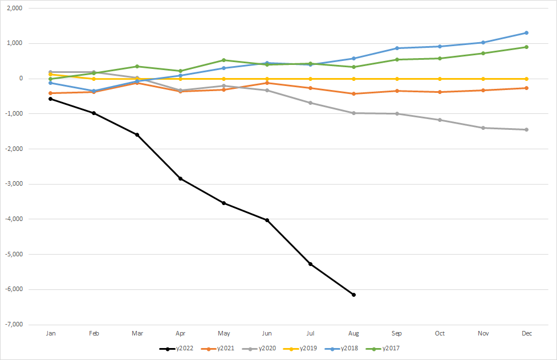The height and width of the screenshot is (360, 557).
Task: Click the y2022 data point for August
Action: tap(353, 294)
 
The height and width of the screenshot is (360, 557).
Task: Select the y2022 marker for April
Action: tap(180, 179)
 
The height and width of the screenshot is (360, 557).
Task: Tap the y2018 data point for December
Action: tap(526, 32)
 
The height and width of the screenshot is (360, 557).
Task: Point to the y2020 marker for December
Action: tap(526, 130)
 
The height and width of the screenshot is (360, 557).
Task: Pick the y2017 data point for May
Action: tap(223, 60)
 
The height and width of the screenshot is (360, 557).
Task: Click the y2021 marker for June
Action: tap(267, 83)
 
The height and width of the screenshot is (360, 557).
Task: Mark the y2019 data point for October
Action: tap(440, 79)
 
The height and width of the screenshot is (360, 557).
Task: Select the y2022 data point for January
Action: tap(51, 99)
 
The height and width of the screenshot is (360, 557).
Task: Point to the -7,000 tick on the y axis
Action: tap(28, 324)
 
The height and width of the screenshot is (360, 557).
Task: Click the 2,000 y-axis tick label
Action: tap(29, 9)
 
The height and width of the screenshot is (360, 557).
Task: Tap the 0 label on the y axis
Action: tap(35, 79)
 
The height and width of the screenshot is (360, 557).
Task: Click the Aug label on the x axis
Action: tap(353, 334)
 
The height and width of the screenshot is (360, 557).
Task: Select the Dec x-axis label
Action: tap(526, 334)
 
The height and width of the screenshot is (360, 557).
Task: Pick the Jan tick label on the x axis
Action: tap(51, 334)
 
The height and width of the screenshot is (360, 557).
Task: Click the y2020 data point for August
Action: tap(353, 113)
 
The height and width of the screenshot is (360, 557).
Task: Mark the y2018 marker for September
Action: tap(397, 48)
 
